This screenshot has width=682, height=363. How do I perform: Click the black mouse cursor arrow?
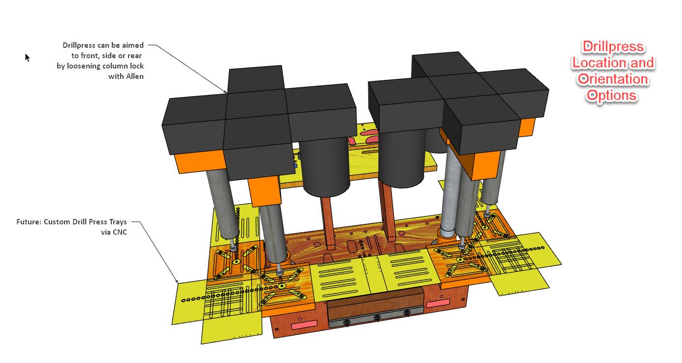point(28,57)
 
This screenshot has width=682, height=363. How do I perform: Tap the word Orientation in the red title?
point(613,79)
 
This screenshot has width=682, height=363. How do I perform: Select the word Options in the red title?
point(612,95)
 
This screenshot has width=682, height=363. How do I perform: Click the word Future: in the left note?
point(29,222)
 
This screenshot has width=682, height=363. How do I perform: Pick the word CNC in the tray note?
point(119,232)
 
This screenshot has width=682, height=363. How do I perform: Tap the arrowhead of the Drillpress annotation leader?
point(227,92)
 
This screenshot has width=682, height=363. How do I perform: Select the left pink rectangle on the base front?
point(304,325)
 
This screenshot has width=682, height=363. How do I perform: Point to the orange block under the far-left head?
point(199,162)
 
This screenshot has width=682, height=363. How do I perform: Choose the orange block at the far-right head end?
point(526,127)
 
